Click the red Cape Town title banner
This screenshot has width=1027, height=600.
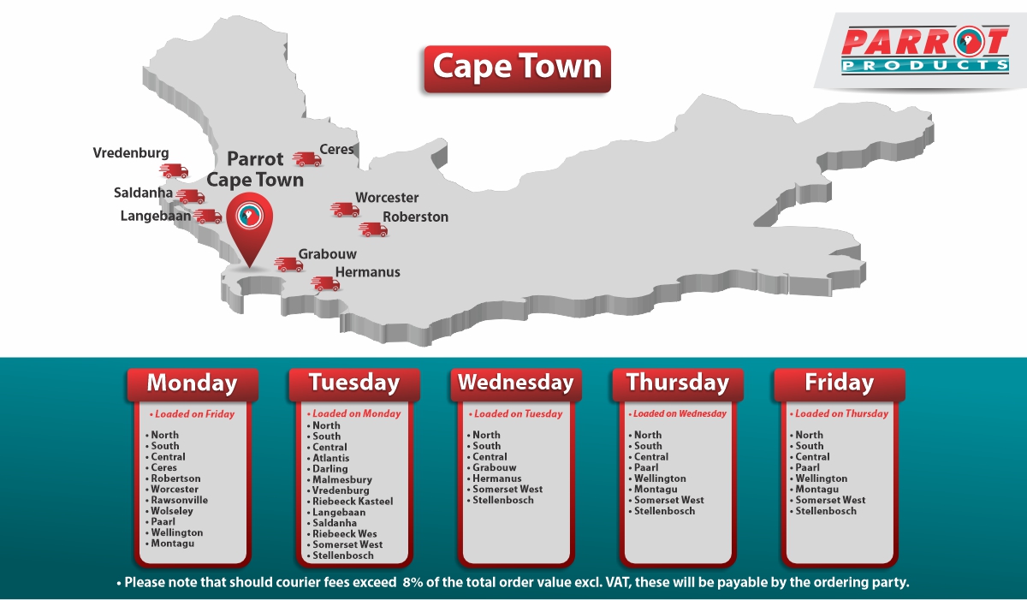pos(517,68)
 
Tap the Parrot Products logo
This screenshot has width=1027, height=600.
pos(924,51)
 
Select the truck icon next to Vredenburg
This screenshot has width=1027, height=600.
pos(175,170)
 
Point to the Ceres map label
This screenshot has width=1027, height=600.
pos(336,150)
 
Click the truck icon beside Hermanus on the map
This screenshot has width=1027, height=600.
pos(325,283)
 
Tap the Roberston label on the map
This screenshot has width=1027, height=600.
pos(415,217)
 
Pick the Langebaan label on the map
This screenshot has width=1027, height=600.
pos(156,216)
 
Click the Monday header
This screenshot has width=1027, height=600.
pos(192,383)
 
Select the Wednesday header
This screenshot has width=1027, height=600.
pos(515,383)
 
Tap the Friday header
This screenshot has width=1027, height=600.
pos(839,383)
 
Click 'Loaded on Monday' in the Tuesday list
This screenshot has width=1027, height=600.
pos(356,413)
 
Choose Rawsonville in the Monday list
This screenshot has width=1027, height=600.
pos(179,500)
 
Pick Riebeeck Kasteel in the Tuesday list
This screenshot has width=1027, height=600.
pos(353,502)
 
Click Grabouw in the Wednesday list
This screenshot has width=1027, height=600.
pos(495,468)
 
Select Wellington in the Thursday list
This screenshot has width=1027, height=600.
pos(660,478)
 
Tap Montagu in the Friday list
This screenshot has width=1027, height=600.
pos(817,490)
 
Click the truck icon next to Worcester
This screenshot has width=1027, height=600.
pos(345,210)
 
